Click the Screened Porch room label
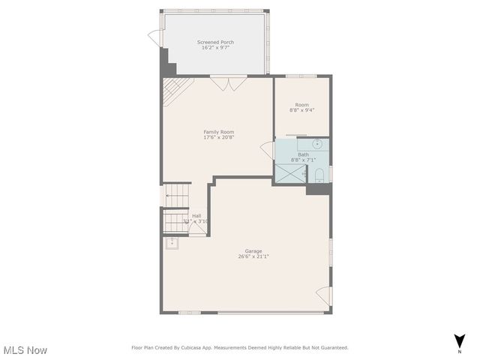point(215,42)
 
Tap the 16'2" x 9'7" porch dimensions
point(215,48)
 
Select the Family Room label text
point(218,132)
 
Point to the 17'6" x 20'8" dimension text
point(218,137)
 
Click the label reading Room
point(301,104)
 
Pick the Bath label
point(302,154)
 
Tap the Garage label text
point(253,250)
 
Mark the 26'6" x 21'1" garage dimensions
point(253,256)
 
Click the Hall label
point(196,215)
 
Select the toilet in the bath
point(319,175)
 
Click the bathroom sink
point(317,143)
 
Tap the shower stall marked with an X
point(289,173)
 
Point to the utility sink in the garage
point(172,242)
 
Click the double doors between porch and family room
point(228,83)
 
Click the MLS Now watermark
point(25,350)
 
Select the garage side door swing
point(322,295)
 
